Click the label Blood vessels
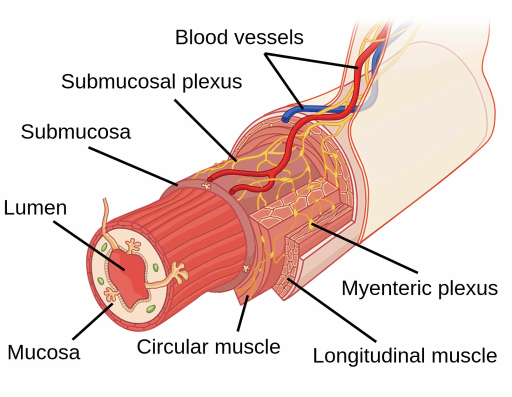(239, 37)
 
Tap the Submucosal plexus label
(151, 81)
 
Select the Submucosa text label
(75, 131)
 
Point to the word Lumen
(35, 208)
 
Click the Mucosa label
(43, 352)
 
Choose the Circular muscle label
(208, 346)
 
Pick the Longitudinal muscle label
(404, 355)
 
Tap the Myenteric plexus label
(419, 288)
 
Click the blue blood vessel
(295, 113)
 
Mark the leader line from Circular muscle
(242, 315)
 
